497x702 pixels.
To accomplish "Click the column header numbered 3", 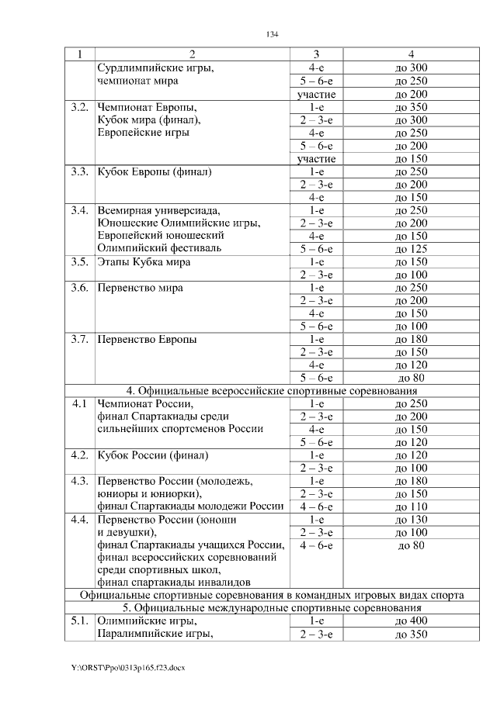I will point(316,54).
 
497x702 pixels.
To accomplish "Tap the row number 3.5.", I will point(78,261).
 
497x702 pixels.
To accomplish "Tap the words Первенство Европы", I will point(147,339).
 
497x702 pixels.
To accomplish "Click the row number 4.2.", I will point(78,455).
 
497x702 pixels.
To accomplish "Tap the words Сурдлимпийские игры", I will point(155,68).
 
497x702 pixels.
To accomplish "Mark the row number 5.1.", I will point(78,621).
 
